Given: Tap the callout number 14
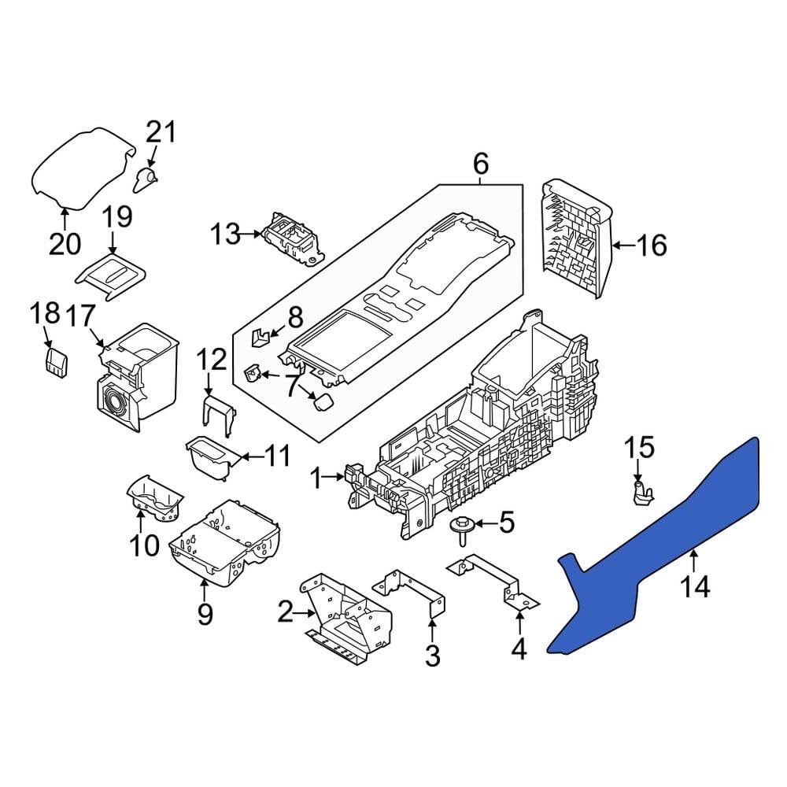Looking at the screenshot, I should (x=696, y=586).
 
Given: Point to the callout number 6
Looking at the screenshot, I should (x=481, y=164).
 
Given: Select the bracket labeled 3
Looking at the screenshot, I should (x=413, y=594).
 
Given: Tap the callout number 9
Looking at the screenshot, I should (x=205, y=614).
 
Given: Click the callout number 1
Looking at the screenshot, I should (x=316, y=478).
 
